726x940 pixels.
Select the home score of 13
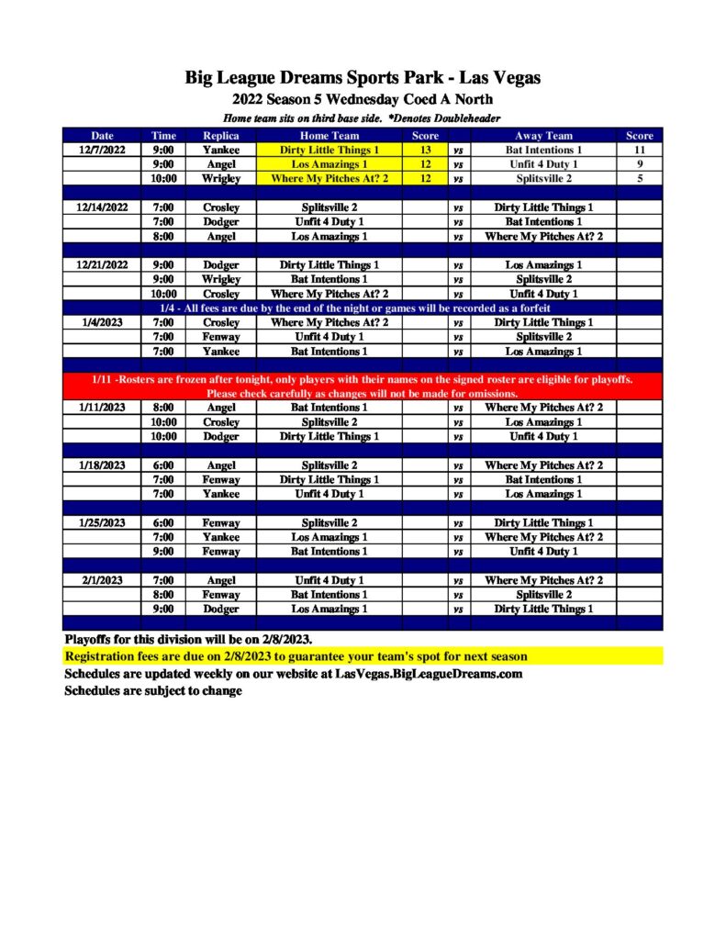point(425,150)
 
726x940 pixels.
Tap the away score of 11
point(639,150)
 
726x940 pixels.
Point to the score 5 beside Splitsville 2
point(639,179)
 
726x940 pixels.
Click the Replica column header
point(220,135)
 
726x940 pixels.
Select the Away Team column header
point(543,135)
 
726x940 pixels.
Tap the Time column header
point(163,135)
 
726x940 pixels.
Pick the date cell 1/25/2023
point(102,522)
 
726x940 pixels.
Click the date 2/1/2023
point(102,580)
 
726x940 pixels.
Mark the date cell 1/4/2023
point(102,322)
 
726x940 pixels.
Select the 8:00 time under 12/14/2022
point(163,236)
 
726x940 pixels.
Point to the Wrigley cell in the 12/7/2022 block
point(220,179)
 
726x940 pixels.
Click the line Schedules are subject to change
point(152,690)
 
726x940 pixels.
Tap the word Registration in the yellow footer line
point(102,657)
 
